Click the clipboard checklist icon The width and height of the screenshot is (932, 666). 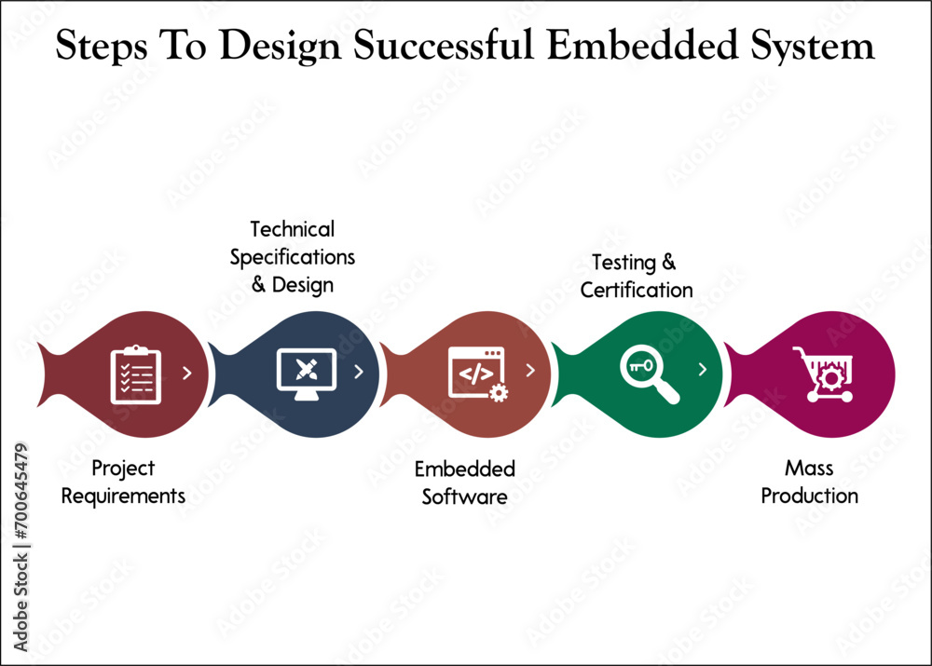(136, 374)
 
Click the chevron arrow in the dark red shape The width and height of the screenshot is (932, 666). (187, 374)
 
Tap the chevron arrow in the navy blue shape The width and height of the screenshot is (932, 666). (359, 373)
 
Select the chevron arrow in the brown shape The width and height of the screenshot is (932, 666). (530, 371)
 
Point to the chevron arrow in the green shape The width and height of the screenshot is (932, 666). (703, 370)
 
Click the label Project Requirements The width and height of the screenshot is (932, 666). (123, 483)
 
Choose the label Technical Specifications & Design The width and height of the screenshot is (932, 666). (293, 256)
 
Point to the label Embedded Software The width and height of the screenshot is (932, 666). (464, 483)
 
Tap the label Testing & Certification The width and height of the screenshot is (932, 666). (637, 277)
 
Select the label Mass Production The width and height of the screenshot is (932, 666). (809, 483)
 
